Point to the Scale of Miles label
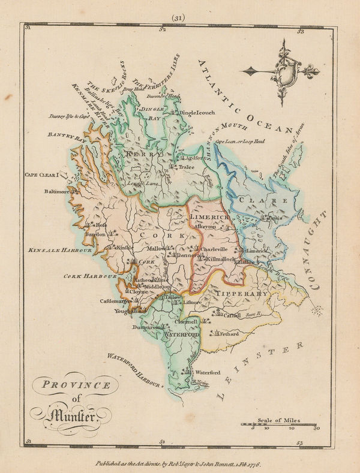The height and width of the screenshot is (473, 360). pyautogui.click(x=279, y=420)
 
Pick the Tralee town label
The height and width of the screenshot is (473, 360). pyautogui.click(x=187, y=168)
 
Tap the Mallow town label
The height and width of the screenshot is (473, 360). pyautogui.click(x=158, y=248)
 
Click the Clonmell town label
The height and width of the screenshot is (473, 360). pyautogui.click(x=186, y=322)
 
